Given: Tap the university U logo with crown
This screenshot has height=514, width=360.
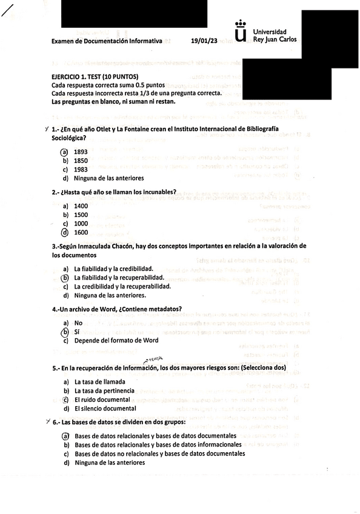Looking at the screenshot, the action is click(241, 33).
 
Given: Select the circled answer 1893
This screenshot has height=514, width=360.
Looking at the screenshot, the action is click(81, 152).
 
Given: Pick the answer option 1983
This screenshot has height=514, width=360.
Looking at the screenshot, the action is click(81, 170).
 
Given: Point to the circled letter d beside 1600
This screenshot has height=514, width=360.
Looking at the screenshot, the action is click(65, 232).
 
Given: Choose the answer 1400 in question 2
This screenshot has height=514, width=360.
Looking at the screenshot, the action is click(81, 206).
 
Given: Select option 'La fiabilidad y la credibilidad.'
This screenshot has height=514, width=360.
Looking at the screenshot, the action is click(113, 269).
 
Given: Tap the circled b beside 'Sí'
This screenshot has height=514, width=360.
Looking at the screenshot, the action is click(65, 332).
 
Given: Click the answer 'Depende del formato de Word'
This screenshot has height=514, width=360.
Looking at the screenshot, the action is click(116, 341).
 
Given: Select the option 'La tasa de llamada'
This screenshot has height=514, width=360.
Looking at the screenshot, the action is click(100, 382).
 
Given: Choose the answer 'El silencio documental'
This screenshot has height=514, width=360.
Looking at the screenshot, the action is click(105, 409).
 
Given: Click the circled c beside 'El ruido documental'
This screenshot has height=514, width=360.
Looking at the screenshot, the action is click(65, 400).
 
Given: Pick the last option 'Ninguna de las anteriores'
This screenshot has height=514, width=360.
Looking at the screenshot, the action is click(109, 463).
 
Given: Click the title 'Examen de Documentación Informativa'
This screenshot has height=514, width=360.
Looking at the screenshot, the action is click(107, 41).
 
